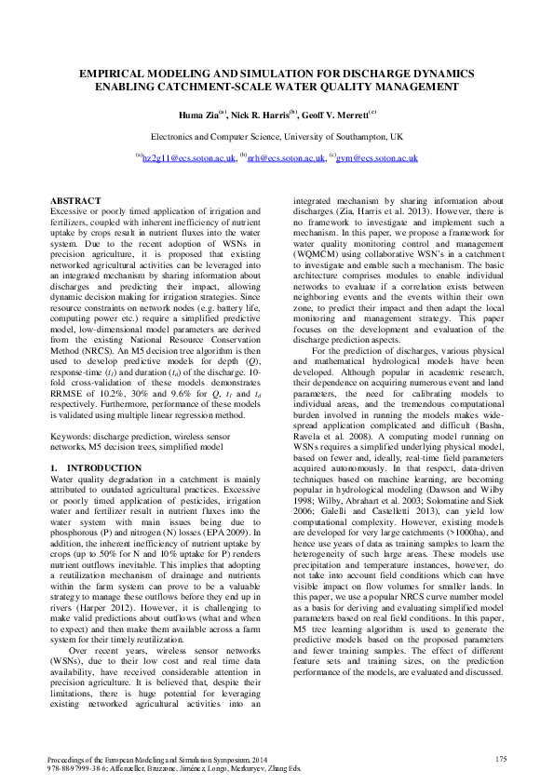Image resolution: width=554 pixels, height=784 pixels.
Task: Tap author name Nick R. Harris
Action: pyautogui.click(x=262, y=115)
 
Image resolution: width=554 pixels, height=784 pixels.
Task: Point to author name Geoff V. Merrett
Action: pyautogui.click(x=337, y=115)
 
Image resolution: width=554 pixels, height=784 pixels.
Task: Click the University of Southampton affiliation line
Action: pyautogui.click(x=277, y=136)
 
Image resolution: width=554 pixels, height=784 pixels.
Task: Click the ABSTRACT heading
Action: pyautogui.click(x=75, y=201)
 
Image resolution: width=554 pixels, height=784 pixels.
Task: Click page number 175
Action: pyautogui.click(x=501, y=760)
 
